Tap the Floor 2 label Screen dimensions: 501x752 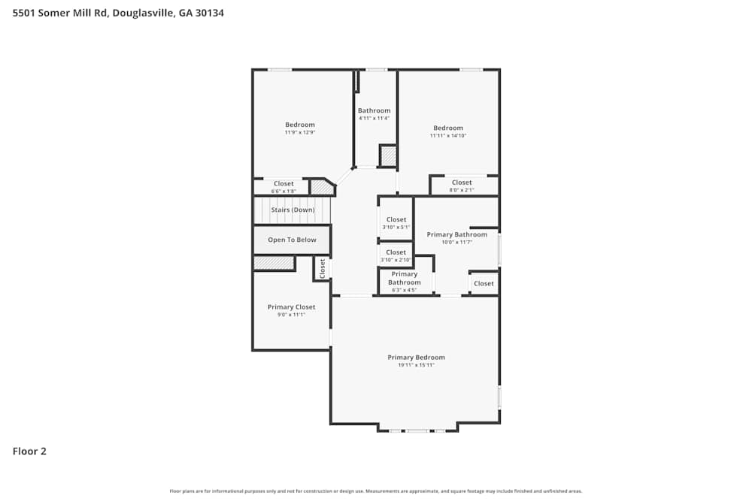29,451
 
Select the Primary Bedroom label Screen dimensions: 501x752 416,358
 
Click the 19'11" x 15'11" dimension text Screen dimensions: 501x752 416,365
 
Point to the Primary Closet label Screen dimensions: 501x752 291,307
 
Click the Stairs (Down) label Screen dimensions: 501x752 293,210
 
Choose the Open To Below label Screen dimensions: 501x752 292,240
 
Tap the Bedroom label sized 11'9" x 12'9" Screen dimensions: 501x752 299,125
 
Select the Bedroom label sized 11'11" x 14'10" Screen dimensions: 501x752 448,128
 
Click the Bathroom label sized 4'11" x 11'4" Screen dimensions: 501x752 374,110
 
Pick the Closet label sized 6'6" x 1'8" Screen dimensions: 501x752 284,184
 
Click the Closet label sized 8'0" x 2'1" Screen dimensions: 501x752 462,183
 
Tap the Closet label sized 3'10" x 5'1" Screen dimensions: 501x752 396,220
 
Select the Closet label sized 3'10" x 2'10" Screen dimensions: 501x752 396,253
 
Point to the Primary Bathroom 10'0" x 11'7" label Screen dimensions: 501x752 456,235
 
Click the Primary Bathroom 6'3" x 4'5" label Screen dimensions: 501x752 405,279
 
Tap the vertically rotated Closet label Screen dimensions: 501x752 323,268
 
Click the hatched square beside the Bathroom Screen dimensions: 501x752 387,156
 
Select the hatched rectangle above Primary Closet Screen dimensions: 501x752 274,263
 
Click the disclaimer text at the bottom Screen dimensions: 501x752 376,491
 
